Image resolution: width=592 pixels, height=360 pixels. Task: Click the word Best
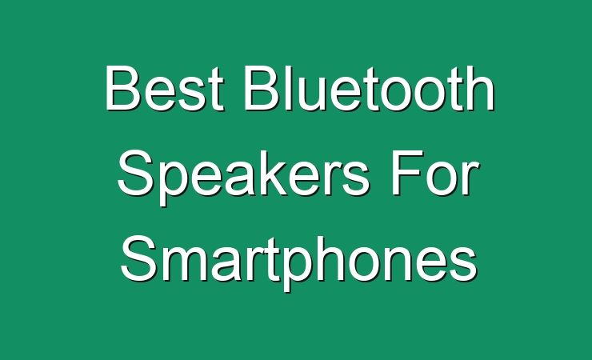tap(165, 88)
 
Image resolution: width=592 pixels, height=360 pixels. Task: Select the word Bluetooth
tap(370, 88)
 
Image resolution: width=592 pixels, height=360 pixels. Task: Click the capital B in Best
tap(124, 88)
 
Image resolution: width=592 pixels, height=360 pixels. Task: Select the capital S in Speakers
tap(138, 173)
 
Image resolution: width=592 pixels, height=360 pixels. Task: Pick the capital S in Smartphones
tap(140, 258)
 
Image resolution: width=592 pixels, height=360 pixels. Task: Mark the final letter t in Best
tap(218, 90)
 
